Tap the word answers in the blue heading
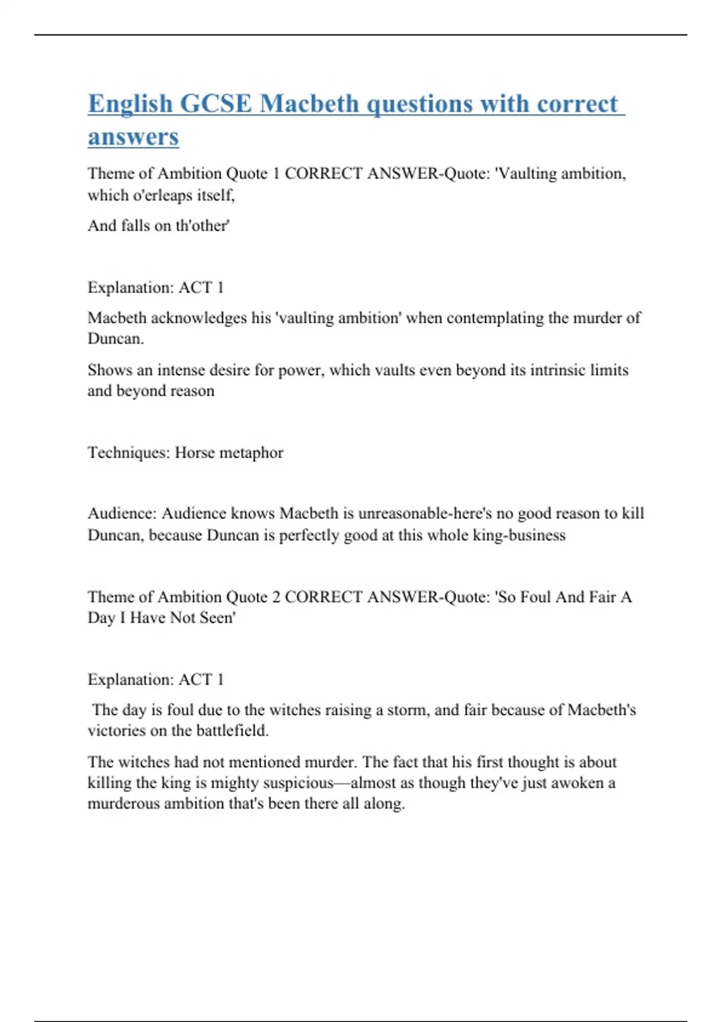(x=133, y=137)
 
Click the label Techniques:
(x=129, y=452)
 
